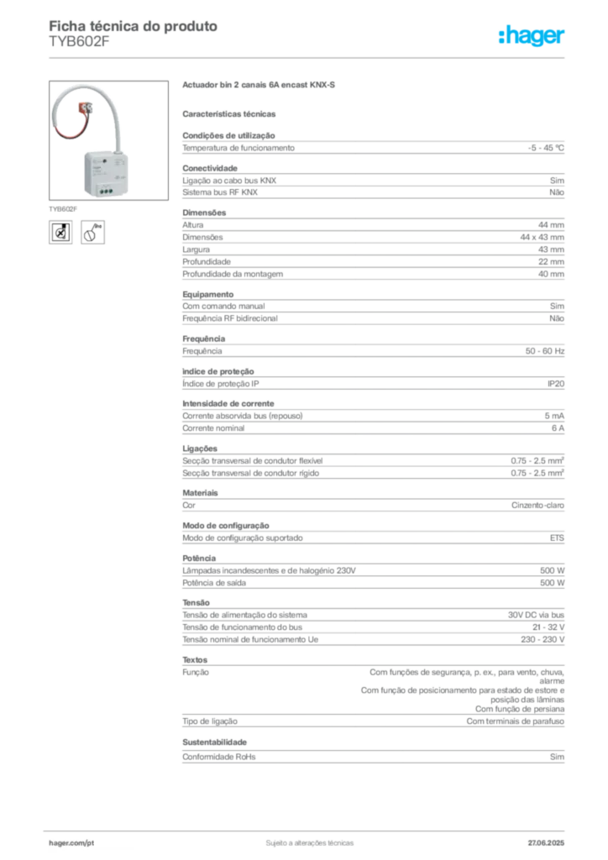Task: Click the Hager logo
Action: click(531, 35)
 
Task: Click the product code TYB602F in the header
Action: click(79, 42)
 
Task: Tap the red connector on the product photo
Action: click(85, 108)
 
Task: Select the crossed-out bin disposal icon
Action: click(60, 233)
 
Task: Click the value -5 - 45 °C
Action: click(546, 148)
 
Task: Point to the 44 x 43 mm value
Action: click(542, 238)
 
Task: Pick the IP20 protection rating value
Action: click(555, 384)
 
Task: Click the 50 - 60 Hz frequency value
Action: click(544, 351)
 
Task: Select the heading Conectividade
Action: click(210, 168)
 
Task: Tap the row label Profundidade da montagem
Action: click(233, 275)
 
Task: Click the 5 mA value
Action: click(554, 416)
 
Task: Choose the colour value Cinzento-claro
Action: click(537, 505)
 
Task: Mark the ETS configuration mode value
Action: click(557, 538)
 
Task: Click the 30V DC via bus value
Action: click(536, 615)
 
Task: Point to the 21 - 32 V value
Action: click(548, 627)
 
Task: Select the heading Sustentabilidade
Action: click(214, 742)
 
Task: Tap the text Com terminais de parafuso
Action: click(516, 721)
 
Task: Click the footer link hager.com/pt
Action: click(71, 843)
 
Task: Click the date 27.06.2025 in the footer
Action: click(546, 843)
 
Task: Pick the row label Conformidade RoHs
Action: click(218, 757)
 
